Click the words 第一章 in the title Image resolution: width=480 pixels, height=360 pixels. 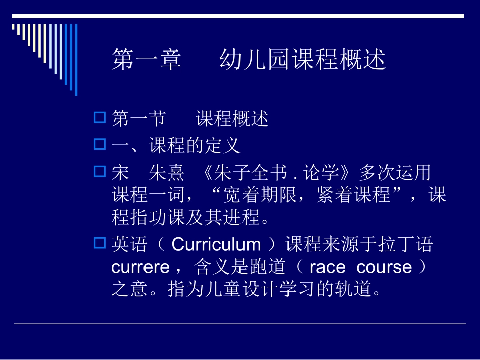146,60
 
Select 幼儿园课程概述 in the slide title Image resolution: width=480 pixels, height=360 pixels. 303,60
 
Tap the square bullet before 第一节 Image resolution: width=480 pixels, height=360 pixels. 99,118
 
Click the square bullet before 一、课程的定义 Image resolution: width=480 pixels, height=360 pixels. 99,145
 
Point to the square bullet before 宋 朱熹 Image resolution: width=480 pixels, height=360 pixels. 99,172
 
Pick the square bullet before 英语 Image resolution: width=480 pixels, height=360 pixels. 99,244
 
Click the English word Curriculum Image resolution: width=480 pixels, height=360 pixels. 216,245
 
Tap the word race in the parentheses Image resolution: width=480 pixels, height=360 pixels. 327,267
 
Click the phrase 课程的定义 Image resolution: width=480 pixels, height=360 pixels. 195,146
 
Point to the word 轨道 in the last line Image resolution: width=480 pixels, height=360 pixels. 358,289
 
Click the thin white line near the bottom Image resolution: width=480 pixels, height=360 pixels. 239,323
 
